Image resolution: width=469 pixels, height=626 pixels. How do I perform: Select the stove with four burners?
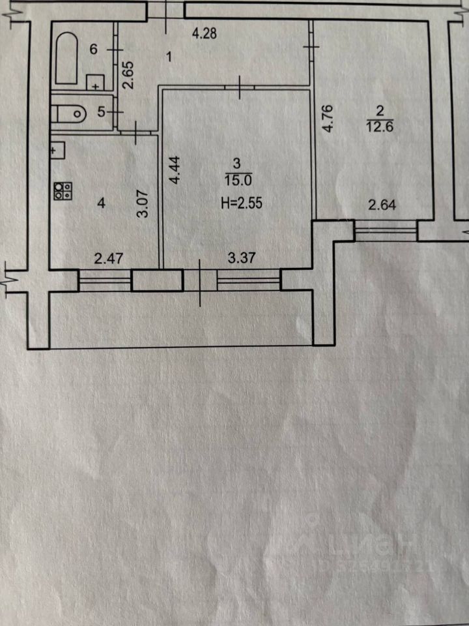pos(63,190)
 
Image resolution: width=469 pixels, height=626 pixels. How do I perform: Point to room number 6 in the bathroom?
pos(93,50)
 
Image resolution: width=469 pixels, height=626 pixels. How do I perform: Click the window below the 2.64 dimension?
pos(386,231)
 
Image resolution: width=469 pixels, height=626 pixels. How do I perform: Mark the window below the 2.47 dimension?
pos(105,281)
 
